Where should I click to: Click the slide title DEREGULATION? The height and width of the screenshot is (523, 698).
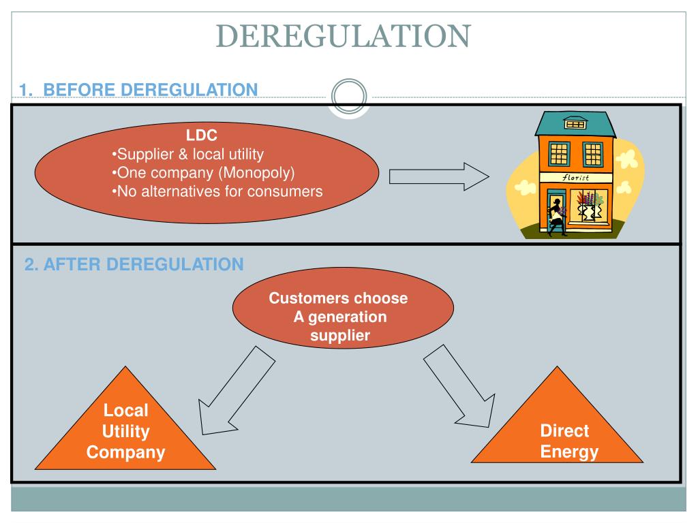click(344, 36)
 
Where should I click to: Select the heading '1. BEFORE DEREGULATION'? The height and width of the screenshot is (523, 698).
click(138, 89)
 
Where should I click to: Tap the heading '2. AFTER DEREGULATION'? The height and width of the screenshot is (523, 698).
click(134, 264)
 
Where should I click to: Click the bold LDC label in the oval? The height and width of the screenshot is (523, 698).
click(202, 136)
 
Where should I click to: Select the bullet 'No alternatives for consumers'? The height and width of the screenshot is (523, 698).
click(217, 191)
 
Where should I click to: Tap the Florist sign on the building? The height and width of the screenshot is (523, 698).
click(575, 177)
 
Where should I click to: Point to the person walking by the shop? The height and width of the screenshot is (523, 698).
click(558, 217)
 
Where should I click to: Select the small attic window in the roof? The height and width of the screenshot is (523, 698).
click(575, 124)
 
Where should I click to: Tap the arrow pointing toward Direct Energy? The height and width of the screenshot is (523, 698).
click(453, 385)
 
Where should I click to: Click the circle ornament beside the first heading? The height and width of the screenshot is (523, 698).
click(348, 95)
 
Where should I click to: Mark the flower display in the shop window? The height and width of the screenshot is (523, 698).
click(589, 205)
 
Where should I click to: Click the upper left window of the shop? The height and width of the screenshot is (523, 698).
click(559, 154)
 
